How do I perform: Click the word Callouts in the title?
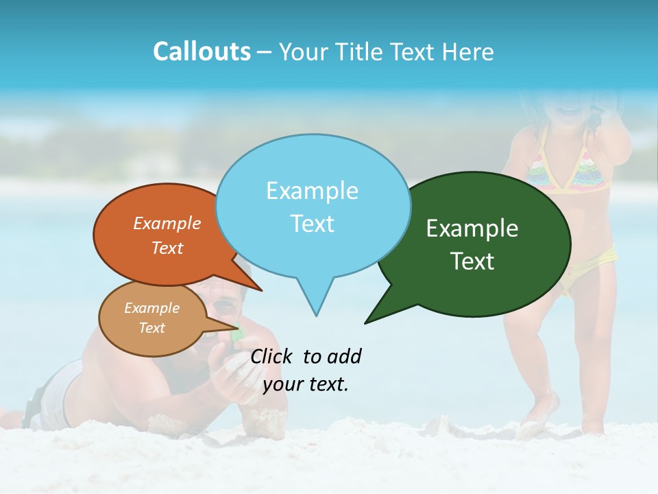pyautogui.click(x=202, y=52)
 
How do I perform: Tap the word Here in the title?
pyautogui.click(x=469, y=52)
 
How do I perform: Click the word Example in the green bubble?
pyautogui.click(x=472, y=228)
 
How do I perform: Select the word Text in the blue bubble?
pyautogui.click(x=313, y=224)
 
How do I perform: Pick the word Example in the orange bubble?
pyautogui.click(x=167, y=223)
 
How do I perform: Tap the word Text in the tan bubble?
pyautogui.click(x=152, y=328)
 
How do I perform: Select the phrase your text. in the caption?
pyautogui.click(x=306, y=384)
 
